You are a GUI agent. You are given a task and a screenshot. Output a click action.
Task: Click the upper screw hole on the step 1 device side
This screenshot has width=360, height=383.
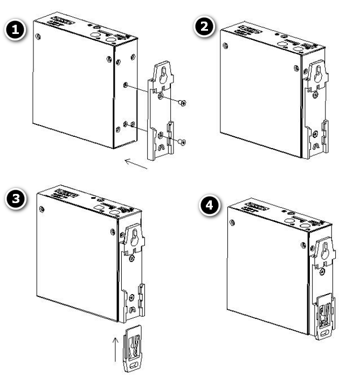126,85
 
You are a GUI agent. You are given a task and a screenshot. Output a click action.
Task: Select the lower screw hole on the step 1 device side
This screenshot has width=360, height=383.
126,124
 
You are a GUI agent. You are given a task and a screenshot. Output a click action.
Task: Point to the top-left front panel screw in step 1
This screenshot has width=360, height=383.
37,37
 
